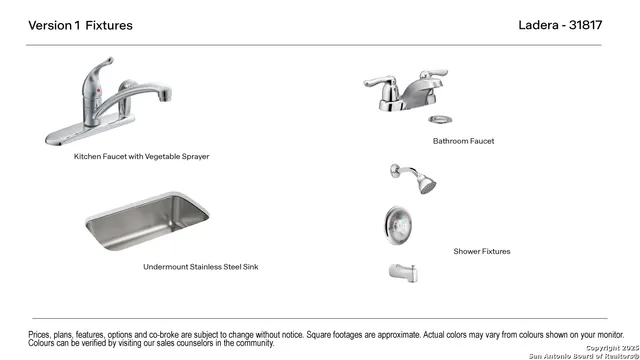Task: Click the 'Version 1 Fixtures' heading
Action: (80, 25)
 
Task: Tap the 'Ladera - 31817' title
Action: (560, 25)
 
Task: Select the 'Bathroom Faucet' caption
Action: (463, 141)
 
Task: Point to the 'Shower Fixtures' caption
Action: (482, 251)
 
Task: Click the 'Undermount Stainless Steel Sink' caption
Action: (200, 267)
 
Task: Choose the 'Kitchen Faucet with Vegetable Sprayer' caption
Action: (141, 156)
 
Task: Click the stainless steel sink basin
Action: (147, 221)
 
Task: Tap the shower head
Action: (426, 183)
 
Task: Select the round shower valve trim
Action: (398, 225)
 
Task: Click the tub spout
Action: (403, 273)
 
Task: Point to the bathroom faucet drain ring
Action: (440, 120)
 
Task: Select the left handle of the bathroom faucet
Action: (380, 82)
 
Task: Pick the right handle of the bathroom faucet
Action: (434, 74)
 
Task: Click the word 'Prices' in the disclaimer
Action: (39, 335)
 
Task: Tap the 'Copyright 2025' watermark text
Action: (612, 348)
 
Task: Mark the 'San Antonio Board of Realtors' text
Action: (584, 356)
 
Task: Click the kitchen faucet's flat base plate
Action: (90, 131)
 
